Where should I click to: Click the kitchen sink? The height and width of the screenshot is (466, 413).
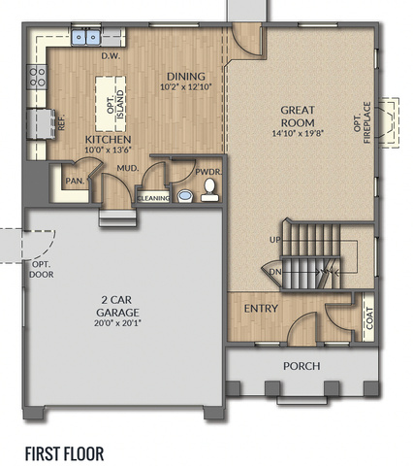coord(85,37)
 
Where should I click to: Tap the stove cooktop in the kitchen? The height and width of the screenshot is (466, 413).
coord(37,77)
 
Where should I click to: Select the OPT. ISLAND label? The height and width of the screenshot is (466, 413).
coord(115,104)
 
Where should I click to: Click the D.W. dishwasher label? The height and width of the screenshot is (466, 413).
coord(111,56)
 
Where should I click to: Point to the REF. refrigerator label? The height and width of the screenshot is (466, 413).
coord(61,122)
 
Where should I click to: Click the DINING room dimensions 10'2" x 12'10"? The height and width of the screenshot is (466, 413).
coord(186,86)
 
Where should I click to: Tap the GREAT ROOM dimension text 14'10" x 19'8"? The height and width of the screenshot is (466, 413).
coord(298,133)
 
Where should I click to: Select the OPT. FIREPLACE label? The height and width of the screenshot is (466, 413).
coord(362,122)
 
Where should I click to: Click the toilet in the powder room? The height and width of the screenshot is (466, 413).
coord(209,190)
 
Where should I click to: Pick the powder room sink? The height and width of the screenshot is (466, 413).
coord(185,196)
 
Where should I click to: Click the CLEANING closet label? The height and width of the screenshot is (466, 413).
coord(153,198)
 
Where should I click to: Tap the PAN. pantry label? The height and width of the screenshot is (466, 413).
coord(75,181)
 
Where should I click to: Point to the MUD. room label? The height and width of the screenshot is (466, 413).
coord(128,168)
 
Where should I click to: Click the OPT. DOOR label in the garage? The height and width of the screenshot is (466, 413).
coord(42,270)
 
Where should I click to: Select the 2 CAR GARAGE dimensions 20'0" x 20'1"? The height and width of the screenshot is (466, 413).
coord(117,323)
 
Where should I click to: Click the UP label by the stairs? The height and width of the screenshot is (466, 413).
coord(275,240)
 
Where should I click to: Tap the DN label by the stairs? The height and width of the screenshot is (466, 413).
coord(275,272)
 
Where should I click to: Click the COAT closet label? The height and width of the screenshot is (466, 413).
coord(369,318)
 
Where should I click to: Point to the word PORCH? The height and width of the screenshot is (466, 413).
coord(302,366)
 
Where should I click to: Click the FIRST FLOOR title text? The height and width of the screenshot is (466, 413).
coord(65,453)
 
